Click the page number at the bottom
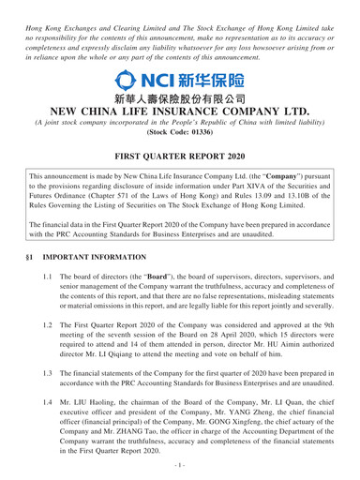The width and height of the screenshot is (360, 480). click(x=180, y=469)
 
